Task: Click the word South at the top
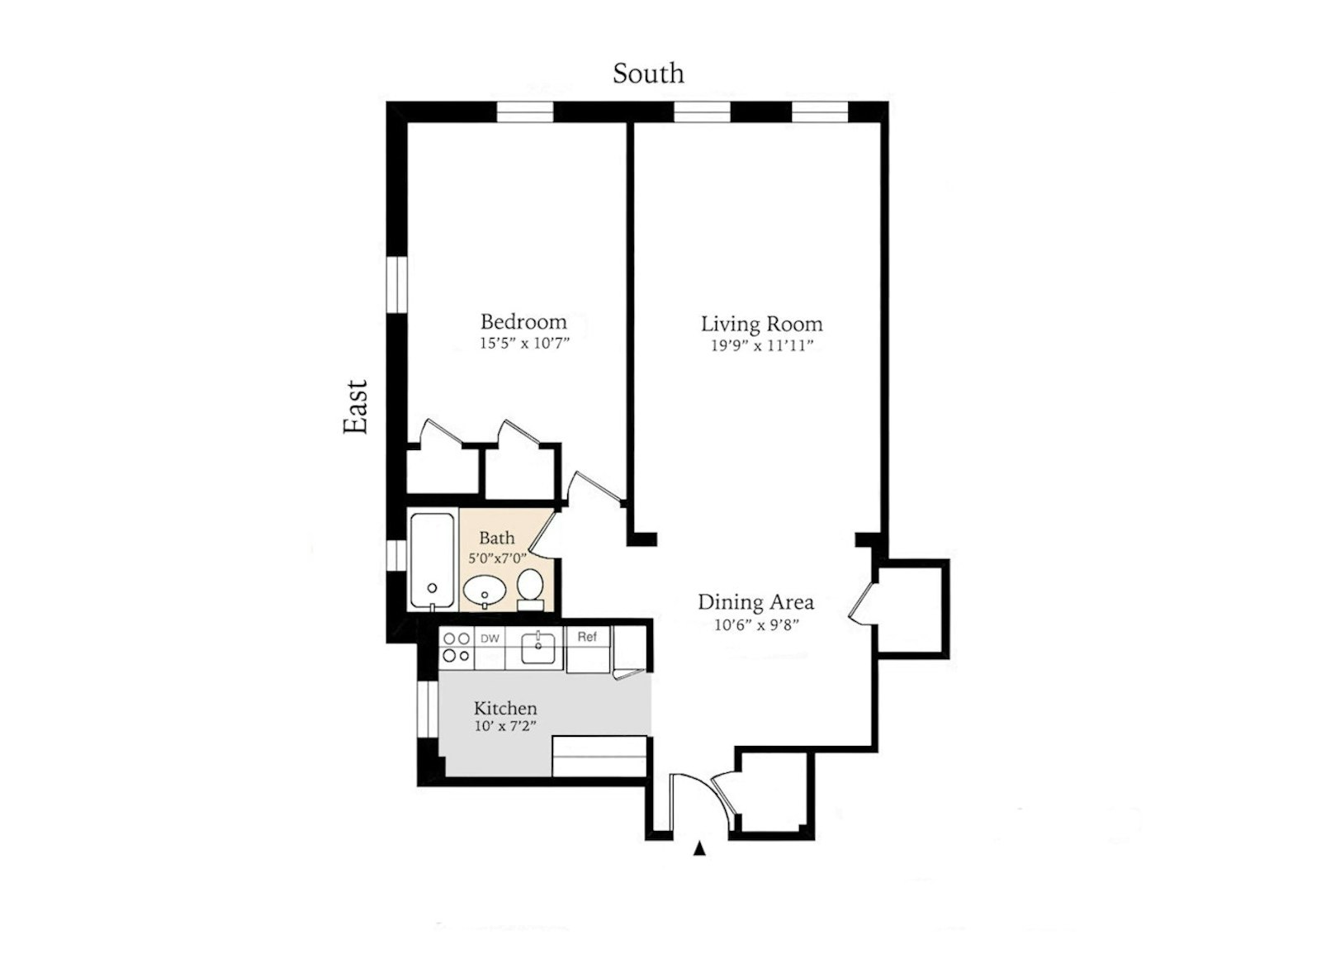[x=648, y=74]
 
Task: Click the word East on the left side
[x=356, y=406]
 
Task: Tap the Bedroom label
[x=523, y=321]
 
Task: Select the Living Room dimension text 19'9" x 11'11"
[x=762, y=346]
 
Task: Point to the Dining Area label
[x=755, y=602]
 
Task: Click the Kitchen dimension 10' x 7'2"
[x=506, y=727]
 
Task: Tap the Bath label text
[x=496, y=539]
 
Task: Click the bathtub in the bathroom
[x=432, y=561]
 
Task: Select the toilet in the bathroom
[x=530, y=587]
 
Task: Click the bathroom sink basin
[x=485, y=591]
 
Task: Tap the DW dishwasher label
[x=490, y=639]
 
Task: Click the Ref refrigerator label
[x=587, y=637]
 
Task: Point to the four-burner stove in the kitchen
[x=456, y=647]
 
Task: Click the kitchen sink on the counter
[x=541, y=647]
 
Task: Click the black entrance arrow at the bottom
[x=699, y=847]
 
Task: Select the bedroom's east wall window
[x=398, y=285]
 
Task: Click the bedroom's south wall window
[x=524, y=112]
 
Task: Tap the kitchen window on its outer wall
[x=428, y=709]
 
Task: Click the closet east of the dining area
[x=911, y=609]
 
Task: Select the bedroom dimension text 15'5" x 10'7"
[x=525, y=344]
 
